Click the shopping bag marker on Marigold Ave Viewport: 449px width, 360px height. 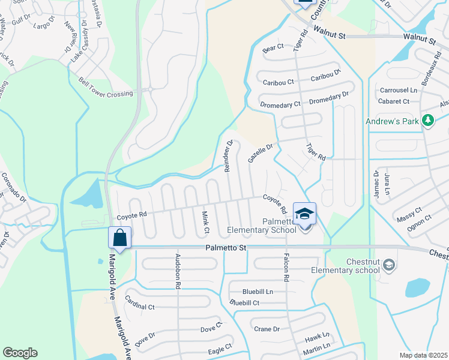tap(119, 237)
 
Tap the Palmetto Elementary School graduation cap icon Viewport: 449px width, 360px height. tap(304, 213)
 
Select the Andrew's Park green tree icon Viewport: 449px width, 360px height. tap(427, 121)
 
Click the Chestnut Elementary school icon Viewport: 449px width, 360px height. tap(388, 265)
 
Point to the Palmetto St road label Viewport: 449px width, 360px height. tap(226, 247)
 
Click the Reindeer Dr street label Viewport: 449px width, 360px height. tap(229, 156)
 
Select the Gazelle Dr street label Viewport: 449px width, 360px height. tap(260, 153)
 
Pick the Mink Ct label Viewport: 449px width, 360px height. tap(205, 221)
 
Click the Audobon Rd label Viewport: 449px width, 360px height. tap(178, 271)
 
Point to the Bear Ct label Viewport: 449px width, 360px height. tap(273, 47)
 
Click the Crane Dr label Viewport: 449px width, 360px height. tap(267, 329)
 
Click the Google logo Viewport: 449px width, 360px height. tap(20, 352)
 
